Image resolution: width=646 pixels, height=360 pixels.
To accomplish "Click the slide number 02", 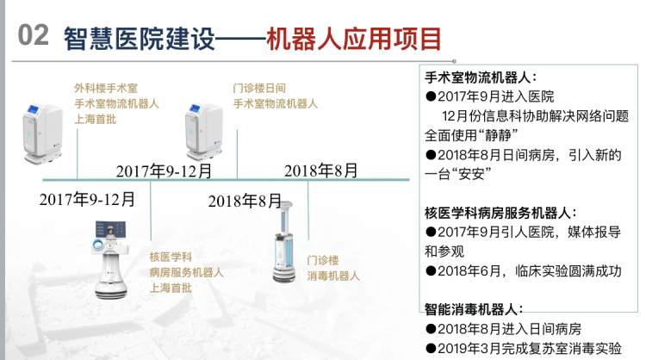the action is tap(34, 35).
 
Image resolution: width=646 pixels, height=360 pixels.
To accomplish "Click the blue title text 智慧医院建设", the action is tap(140, 39).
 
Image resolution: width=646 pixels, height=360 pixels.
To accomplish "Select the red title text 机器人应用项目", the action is tap(354, 39).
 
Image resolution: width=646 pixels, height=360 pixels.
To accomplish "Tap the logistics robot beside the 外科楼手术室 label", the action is tap(42, 133).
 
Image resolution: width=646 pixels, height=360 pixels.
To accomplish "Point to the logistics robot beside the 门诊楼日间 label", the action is tap(204, 132).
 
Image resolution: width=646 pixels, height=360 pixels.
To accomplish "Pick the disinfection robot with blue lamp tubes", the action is tap(285, 242).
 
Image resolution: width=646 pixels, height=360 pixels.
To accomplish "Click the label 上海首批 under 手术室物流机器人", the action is tap(95, 120).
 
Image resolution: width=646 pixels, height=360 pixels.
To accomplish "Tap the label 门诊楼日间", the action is tap(259, 88).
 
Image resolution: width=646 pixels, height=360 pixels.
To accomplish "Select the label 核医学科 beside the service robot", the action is tap(171, 257).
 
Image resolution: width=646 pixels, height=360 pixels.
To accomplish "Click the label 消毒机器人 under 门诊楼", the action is tap(333, 276).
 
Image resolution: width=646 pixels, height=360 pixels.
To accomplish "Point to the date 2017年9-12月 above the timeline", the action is tap(164, 171).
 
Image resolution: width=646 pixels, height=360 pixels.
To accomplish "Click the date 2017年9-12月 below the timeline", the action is tap(87, 199).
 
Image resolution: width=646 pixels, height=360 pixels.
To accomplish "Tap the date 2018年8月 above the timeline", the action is tap(321, 171).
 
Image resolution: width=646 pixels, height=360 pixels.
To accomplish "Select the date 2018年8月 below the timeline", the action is tap(245, 201).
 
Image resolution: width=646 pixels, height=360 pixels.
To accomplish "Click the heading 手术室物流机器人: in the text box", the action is tap(481, 78).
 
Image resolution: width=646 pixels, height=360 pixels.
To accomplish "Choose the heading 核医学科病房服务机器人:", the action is tap(501, 213).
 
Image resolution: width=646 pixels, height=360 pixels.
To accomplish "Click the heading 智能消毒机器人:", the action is tap(474, 309).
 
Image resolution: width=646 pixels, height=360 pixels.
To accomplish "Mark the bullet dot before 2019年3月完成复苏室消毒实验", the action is tap(431, 349).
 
